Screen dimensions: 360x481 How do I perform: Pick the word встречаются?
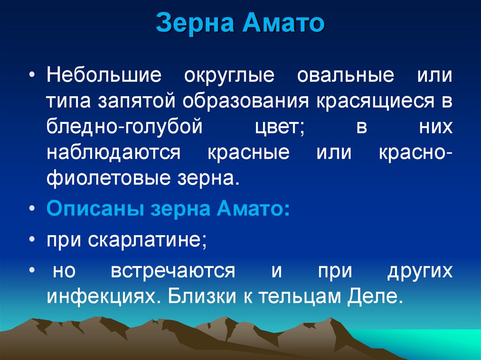[173, 271]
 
